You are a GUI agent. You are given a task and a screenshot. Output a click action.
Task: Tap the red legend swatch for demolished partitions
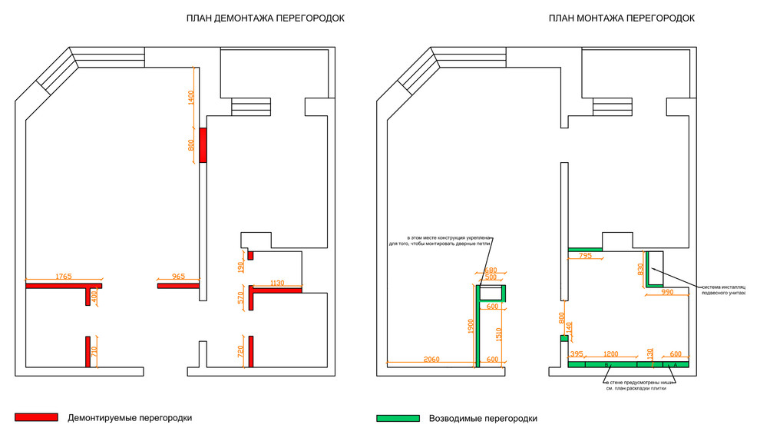point(36,417)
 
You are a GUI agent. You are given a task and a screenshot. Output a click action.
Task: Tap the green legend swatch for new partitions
point(398,418)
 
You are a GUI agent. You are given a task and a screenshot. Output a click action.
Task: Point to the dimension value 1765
point(58,277)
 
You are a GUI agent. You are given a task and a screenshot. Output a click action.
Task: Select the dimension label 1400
point(191,98)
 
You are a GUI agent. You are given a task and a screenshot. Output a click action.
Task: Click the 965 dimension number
point(178,277)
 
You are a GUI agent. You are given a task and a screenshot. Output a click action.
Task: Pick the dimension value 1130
point(277,283)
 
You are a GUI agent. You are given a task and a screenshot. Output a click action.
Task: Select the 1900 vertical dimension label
point(471,327)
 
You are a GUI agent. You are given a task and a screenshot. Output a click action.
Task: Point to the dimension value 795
point(584,256)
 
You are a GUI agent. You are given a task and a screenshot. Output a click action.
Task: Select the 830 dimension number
point(640,269)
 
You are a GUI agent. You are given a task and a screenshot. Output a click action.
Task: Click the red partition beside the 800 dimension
point(203,144)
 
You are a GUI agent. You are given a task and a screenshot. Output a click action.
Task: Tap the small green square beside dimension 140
point(563,338)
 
